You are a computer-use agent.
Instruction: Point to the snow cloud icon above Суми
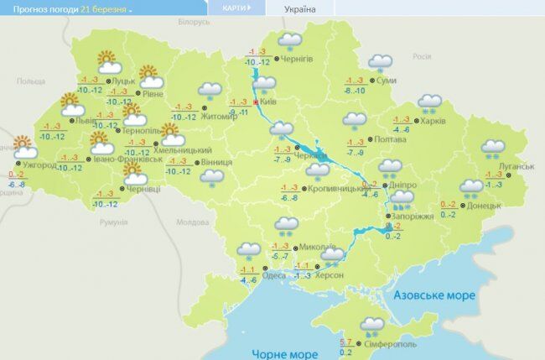(381, 62)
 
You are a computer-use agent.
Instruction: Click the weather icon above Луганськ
(492, 149)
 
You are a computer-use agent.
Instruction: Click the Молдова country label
(192, 222)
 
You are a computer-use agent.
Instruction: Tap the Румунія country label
(112, 222)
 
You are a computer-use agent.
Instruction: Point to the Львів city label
(85, 121)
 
